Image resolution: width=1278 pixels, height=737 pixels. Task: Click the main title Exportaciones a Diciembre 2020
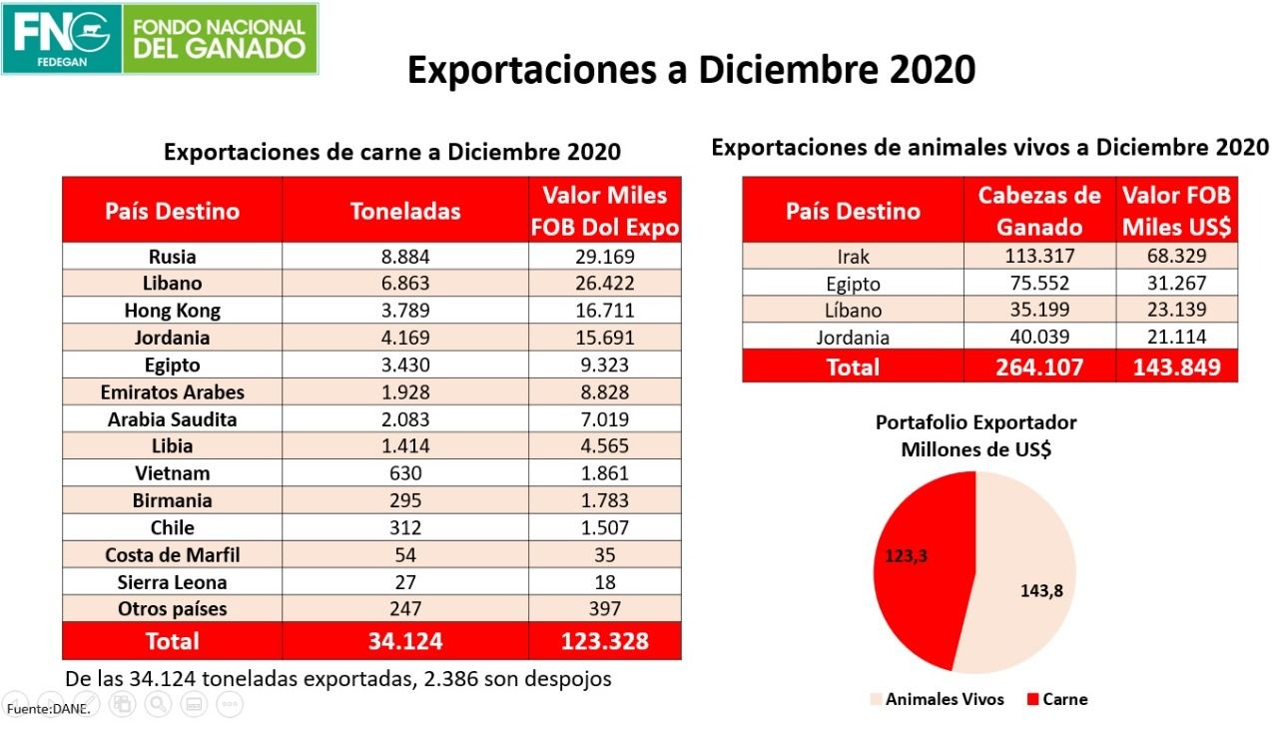[x=691, y=70]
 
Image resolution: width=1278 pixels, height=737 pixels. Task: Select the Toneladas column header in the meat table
[x=405, y=211]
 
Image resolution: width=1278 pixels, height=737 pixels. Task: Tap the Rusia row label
[x=172, y=257]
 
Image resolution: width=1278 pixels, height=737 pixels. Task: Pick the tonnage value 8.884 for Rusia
[x=405, y=257]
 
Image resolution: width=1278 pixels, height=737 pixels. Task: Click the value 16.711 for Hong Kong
[x=603, y=311]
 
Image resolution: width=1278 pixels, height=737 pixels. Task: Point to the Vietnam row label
[x=172, y=473]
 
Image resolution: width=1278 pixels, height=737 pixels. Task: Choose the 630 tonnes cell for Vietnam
[x=405, y=473]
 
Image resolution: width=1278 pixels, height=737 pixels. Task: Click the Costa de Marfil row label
[x=172, y=555]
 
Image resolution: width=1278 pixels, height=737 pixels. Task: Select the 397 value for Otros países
[x=603, y=609]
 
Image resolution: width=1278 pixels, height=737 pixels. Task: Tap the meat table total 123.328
[x=604, y=641]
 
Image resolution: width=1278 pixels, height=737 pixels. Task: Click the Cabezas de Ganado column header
[x=1039, y=211]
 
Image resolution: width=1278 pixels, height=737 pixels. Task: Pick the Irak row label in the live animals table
[x=853, y=257]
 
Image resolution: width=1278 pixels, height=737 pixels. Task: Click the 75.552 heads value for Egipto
[x=1039, y=284]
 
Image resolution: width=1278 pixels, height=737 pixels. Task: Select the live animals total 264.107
[x=1039, y=368]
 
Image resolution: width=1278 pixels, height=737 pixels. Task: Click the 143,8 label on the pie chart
[x=1040, y=590]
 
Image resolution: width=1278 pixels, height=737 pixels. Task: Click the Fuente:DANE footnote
[x=48, y=709]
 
